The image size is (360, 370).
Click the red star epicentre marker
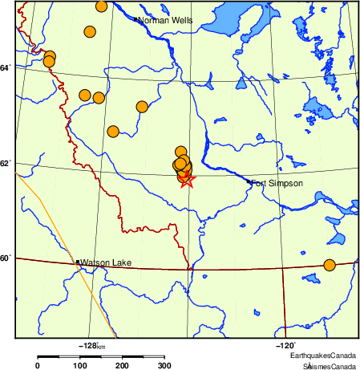(x=186, y=179)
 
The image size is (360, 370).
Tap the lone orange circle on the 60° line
(x=329, y=265)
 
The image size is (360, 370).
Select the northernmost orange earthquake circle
(x=102, y=6)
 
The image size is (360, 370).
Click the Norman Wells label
(x=165, y=20)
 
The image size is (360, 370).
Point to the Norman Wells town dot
(x=137, y=19)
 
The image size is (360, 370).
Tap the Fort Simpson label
(x=277, y=184)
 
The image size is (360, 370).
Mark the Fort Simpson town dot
(x=249, y=182)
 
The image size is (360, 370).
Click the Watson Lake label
(x=103, y=262)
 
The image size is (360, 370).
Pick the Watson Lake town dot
(x=78, y=262)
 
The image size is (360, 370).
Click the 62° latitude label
(x=6, y=164)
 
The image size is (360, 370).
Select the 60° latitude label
(x=6, y=258)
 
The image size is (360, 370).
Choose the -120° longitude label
(x=285, y=344)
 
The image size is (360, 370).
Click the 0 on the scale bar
(x=38, y=366)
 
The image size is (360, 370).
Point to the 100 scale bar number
(x=80, y=366)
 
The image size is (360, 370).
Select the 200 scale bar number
(x=123, y=366)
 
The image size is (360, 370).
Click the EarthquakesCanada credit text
(x=323, y=356)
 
